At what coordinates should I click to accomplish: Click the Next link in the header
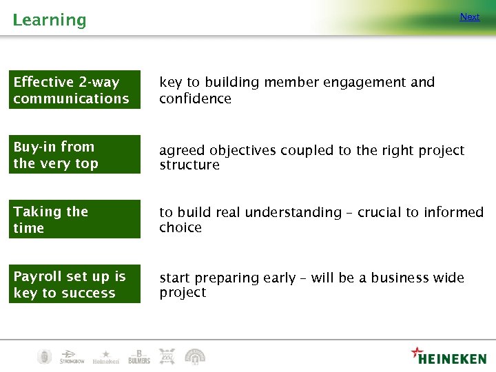(470, 17)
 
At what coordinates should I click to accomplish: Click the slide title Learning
(50, 20)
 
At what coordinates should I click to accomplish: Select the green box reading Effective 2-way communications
(76, 90)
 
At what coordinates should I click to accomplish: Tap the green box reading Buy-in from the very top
(76, 155)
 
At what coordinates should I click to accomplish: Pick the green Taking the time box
(76, 220)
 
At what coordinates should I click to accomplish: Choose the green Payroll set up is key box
(76, 285)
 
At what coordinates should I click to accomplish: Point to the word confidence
(195, 99)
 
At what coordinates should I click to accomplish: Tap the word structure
(189, 165)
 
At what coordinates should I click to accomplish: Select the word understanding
(293, 213)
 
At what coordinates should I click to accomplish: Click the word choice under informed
(180, 228)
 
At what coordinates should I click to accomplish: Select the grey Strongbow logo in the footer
(72, 356)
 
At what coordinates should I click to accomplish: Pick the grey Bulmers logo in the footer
(138, 356)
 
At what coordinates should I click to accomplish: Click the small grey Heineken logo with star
(105, 356)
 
